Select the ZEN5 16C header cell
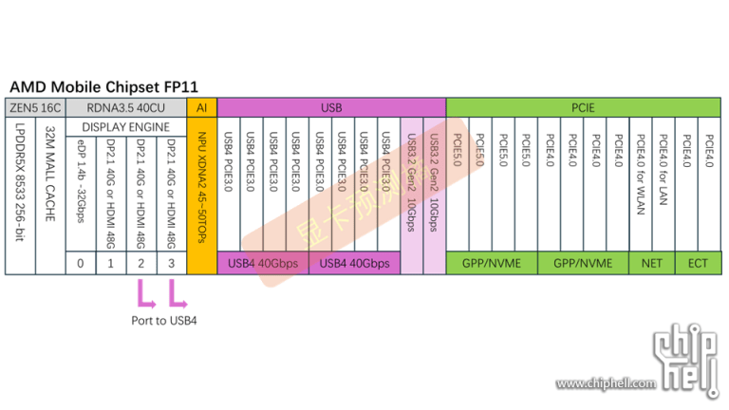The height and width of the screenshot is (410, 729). point(35,107)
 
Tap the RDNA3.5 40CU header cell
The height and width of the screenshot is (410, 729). point(126,107)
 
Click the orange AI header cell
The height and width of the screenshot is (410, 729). point(201,107)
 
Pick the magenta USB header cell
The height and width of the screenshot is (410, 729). point(331,107)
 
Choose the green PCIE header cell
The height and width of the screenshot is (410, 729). point(583,107)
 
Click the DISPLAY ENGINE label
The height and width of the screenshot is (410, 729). point(126,126)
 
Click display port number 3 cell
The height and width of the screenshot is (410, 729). point(172,263)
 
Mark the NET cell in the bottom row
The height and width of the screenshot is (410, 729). point(651,263)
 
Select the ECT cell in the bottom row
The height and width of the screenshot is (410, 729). point(698,263)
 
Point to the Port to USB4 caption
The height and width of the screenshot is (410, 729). point(164,321)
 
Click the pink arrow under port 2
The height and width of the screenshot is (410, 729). point(144,293)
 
